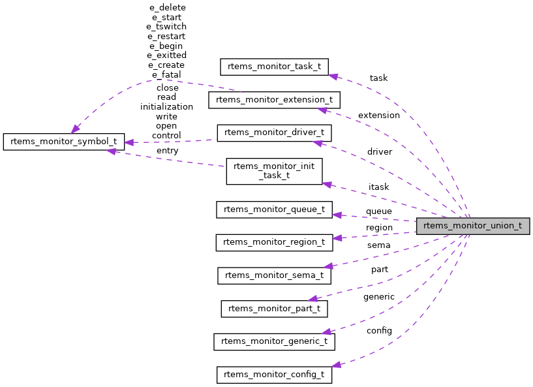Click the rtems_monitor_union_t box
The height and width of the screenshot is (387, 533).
click(x=473, y=226)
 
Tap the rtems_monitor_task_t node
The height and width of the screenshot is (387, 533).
click(x=274, y=67)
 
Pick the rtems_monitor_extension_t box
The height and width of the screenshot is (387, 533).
click(x=274, y=100)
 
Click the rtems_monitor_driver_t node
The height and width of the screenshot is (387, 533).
click(x=274, y=132)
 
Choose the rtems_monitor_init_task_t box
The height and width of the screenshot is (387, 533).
click(x=274, y=171)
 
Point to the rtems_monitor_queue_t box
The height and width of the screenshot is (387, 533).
click(x=274, y=209)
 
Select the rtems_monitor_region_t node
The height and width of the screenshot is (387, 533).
click(x=274, y=242)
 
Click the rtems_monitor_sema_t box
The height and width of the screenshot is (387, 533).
click(x=274, y=275)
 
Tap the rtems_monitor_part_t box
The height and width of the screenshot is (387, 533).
click(x=274, y=308)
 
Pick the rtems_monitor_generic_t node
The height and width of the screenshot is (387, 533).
click(x=274, y=341)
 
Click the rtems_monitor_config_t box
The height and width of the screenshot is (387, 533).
click(x=274, y=375)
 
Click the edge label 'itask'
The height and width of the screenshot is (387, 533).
click(x=378, y=187)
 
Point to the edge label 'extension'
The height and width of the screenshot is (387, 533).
click(x=378, y=115)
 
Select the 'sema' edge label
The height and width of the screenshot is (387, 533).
click(x=378, y=245)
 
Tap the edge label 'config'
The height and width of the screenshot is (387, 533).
click(x=378, y=330)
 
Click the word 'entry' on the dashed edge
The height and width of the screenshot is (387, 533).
click(x=167, y=151)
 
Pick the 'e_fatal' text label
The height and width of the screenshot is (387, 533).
click(x=166, y=75)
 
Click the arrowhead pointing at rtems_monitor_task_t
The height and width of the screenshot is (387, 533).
click(x=333, y=76)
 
